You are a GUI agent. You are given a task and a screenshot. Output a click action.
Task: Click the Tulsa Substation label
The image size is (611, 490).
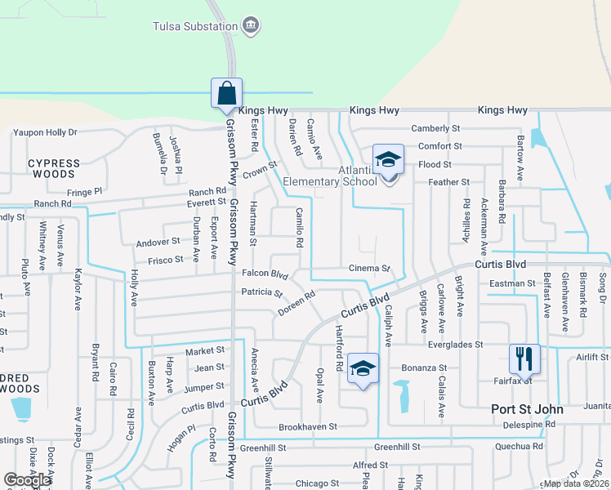pos(195,25)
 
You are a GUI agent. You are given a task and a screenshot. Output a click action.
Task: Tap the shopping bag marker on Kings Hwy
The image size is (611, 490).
pos(225,93)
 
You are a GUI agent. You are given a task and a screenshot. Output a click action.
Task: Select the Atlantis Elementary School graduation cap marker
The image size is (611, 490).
pos(388,161)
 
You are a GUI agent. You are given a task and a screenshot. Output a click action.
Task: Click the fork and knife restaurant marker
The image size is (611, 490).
pos(524,359)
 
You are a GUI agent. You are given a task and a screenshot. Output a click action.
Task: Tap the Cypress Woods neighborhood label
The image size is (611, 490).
pos(54,168)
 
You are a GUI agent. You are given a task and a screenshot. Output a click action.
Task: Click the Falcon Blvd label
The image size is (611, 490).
pos(265,274)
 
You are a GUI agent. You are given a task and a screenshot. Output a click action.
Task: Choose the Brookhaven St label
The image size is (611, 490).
pos(307,427)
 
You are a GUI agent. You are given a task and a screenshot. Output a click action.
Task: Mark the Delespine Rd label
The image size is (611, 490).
pos(528,424)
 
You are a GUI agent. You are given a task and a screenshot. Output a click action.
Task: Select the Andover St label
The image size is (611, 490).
pos(158,242)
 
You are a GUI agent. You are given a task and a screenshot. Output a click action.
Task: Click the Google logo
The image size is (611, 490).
pos(27,480)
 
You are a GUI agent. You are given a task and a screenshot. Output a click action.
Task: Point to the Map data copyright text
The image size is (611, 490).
pos(577,483)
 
